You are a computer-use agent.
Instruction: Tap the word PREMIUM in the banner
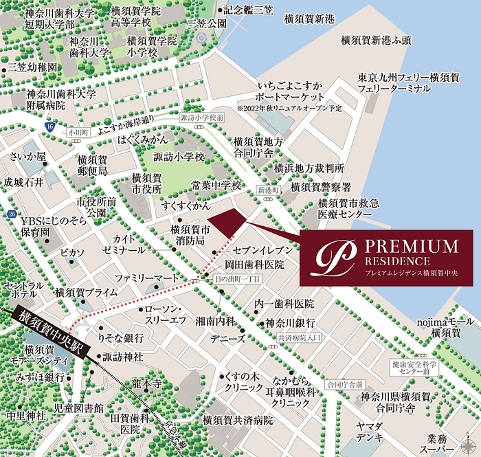(x=411, y=247)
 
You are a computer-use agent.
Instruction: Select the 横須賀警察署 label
(x=321, y=186)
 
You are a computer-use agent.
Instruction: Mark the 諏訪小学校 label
(x=181, y=157)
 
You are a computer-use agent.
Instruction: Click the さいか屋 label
(x=27, y=156)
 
